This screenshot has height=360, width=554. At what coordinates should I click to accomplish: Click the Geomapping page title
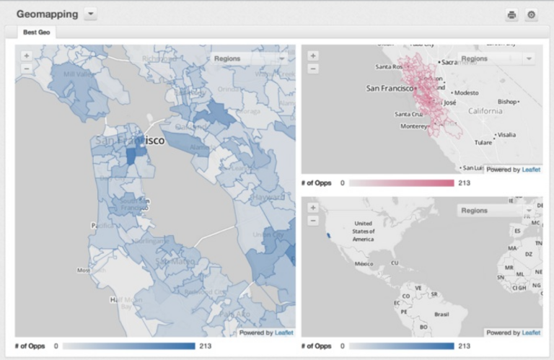(48, 14)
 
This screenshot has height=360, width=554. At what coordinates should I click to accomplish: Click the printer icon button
(511, 14)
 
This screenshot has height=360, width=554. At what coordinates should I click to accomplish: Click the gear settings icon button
(532, 14)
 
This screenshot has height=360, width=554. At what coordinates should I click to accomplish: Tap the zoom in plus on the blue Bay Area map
(26, 55)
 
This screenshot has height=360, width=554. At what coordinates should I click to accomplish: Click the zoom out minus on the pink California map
(312, 69)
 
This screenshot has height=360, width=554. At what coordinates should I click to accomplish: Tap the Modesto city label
(466, 92)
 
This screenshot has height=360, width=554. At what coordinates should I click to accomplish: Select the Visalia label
(506, 134)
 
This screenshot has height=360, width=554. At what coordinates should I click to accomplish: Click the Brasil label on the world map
(442, 315)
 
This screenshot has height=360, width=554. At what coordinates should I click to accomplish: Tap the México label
(364, 264)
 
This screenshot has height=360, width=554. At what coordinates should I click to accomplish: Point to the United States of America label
(363, 231)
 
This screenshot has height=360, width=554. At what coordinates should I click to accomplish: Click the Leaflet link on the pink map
(531, 170)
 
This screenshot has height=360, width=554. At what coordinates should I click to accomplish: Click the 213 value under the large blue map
(206, 346)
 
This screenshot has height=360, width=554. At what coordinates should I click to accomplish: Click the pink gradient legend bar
(401, 183)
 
